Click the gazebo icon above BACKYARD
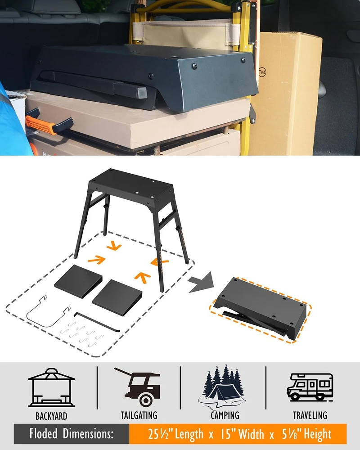point(51,387)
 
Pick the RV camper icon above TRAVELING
point(310,387)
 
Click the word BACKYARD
point(51,416)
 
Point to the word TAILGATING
point(139,415)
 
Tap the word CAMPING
point(225,415)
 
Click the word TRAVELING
point(310,415)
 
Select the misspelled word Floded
point(43,433)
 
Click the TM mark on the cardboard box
point(262,72)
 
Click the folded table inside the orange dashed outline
point(260,309)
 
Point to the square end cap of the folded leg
point(142,93)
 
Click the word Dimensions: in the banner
point(88,433)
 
